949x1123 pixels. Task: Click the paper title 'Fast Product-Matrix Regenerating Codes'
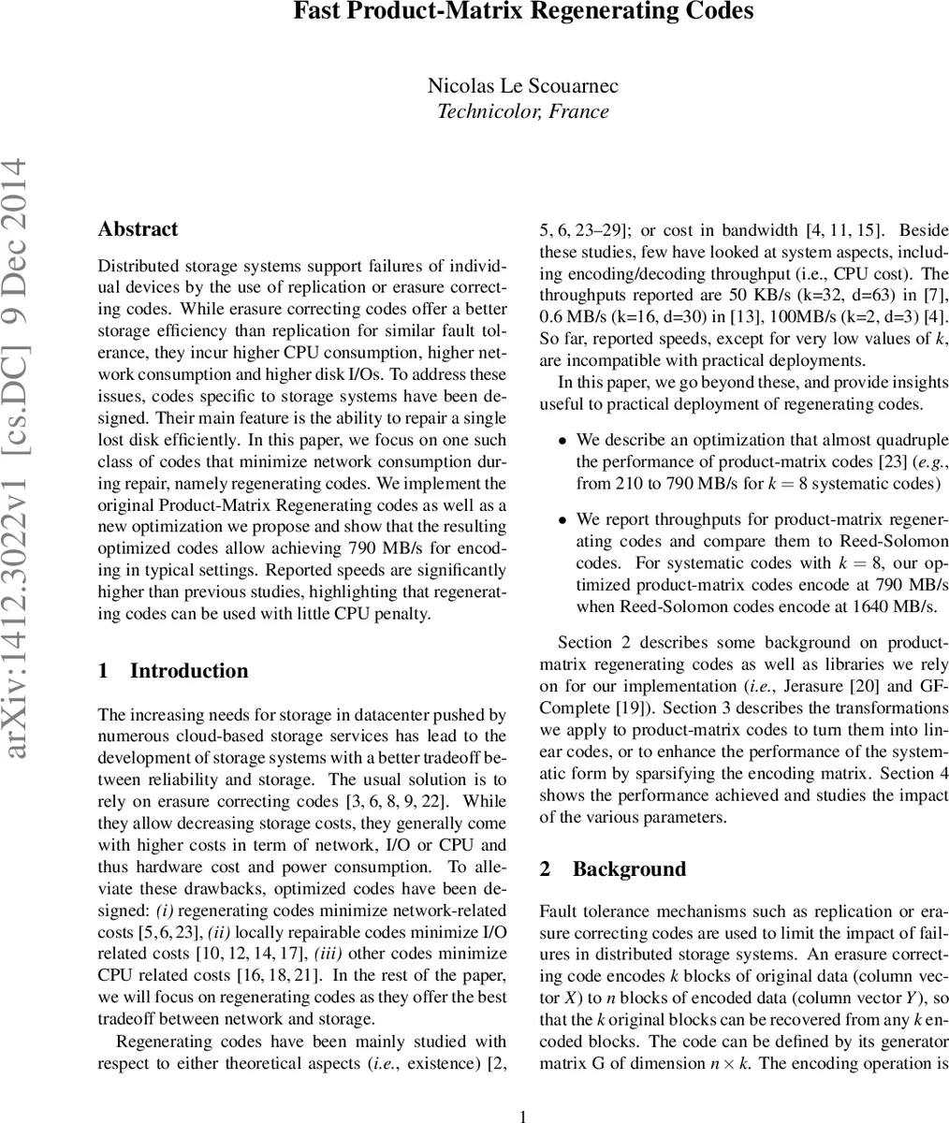(523, 12)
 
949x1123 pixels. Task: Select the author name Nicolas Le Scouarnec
(523, 86)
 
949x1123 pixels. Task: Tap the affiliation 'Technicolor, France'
(523, 111)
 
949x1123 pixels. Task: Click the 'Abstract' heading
(138, 229)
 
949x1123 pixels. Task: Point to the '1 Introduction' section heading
(173, 671)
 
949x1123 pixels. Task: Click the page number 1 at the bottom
(524, 1115)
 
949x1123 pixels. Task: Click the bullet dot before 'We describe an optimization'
(562, 440)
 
